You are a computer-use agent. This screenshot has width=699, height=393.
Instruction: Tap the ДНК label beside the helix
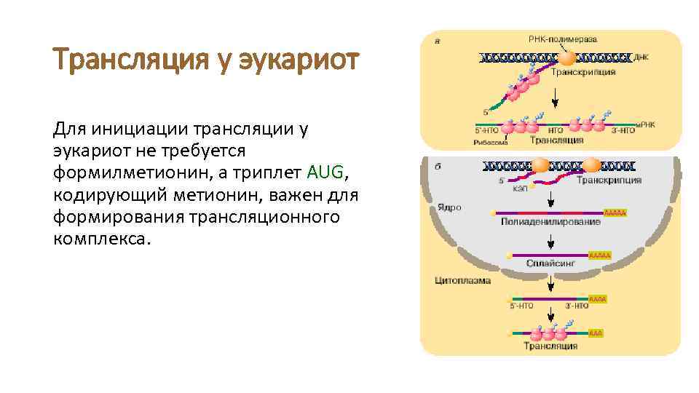641,57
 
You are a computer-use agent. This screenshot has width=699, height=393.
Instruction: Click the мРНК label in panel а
645,124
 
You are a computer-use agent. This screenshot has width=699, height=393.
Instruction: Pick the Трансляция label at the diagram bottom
550,346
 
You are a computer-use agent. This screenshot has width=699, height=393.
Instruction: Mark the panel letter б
438,167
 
